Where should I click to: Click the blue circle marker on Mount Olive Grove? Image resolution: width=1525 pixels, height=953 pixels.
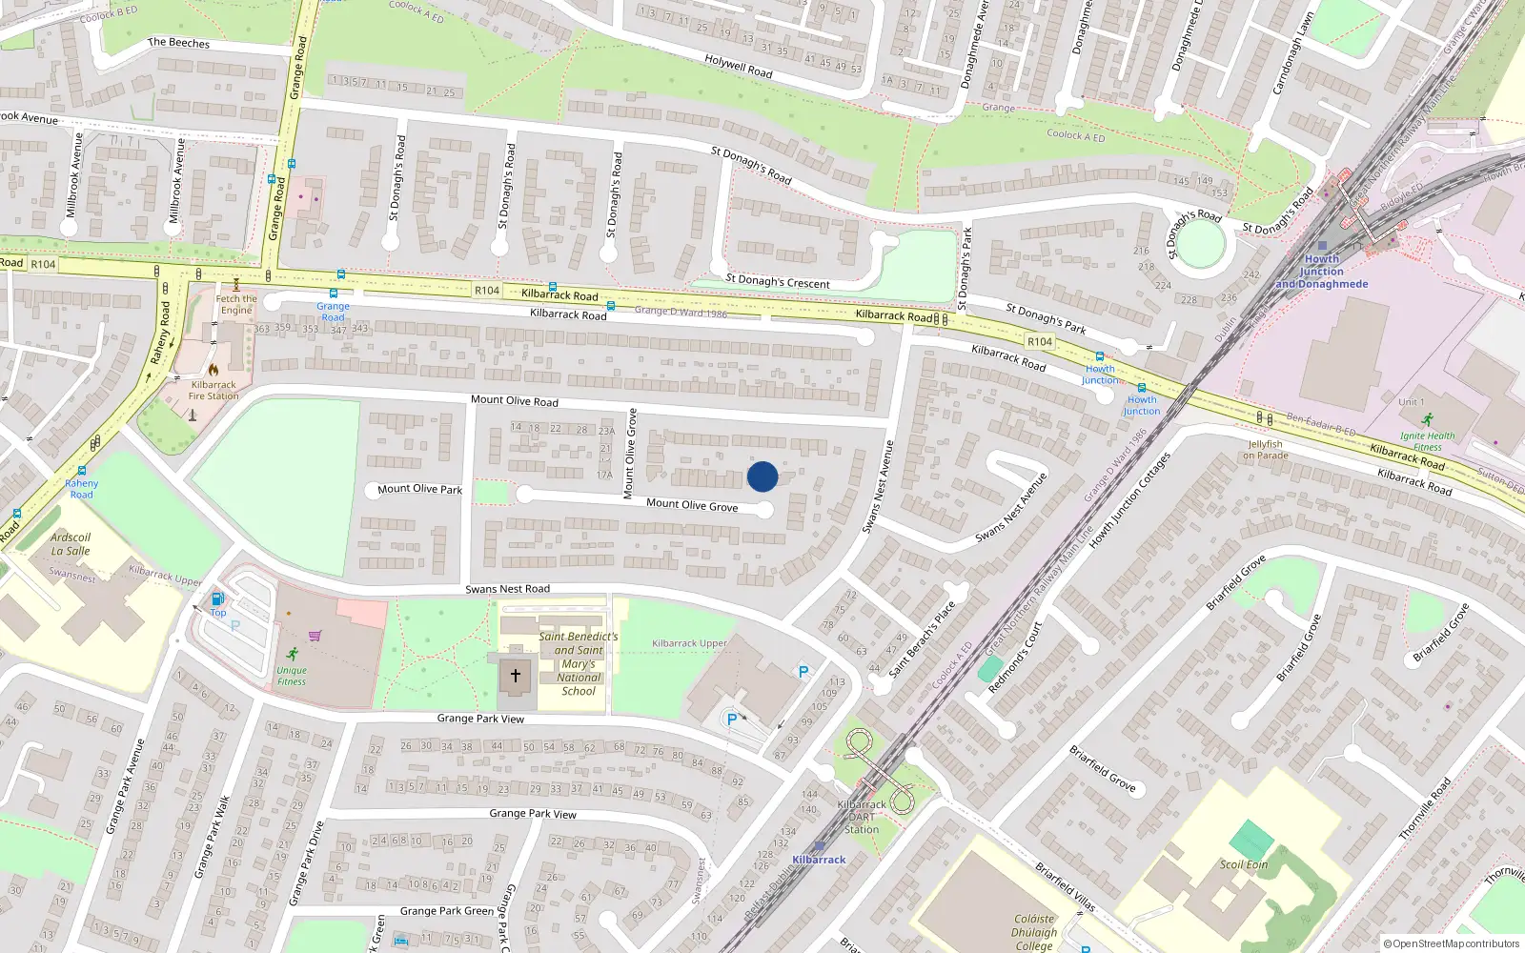762,476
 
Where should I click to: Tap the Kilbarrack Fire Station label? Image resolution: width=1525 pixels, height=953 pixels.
213,391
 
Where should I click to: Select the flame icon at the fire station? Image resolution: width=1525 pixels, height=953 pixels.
213,370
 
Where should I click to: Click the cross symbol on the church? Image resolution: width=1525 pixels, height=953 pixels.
516,676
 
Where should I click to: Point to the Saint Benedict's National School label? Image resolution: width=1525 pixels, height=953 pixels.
579,663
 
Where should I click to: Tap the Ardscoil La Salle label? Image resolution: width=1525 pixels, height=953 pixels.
71,544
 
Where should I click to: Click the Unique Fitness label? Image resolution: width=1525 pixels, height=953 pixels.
292,676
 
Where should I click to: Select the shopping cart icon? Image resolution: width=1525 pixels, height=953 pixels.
315,636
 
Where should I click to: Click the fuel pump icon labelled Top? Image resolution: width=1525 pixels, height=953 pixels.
218,599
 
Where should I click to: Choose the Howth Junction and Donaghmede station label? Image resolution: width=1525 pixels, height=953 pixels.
1322,272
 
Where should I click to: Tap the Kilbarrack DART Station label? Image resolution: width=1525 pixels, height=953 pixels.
862,817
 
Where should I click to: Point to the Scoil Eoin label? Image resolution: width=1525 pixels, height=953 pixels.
1244,865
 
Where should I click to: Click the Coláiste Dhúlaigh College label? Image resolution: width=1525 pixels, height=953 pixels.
1034,933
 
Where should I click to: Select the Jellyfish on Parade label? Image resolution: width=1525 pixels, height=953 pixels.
1265,450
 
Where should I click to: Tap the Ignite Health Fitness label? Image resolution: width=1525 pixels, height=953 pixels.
1428,441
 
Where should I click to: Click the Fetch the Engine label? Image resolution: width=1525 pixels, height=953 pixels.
236,304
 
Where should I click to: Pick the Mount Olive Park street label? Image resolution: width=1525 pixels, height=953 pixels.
419,490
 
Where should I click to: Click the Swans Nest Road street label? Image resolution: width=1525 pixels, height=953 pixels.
507,589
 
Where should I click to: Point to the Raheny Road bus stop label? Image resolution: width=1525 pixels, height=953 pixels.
82,489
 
